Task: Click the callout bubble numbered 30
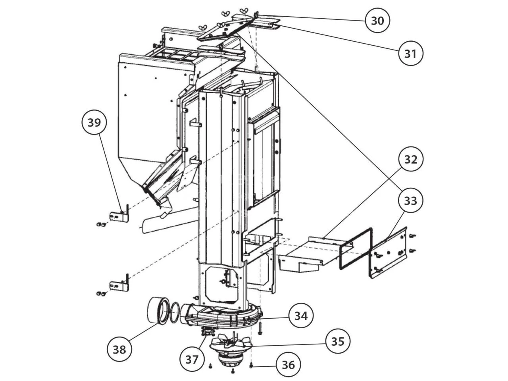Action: click(377, 20)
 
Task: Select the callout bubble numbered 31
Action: click(410, 53)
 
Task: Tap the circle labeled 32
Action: click(411, 159)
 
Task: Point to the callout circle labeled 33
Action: click(411, 201)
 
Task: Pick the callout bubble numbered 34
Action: click(301, 316)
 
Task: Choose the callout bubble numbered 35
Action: click(338, 341)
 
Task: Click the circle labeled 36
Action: click(289, 364)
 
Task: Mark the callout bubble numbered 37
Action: click(192, 359)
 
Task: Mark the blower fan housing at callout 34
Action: click(222, 316)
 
